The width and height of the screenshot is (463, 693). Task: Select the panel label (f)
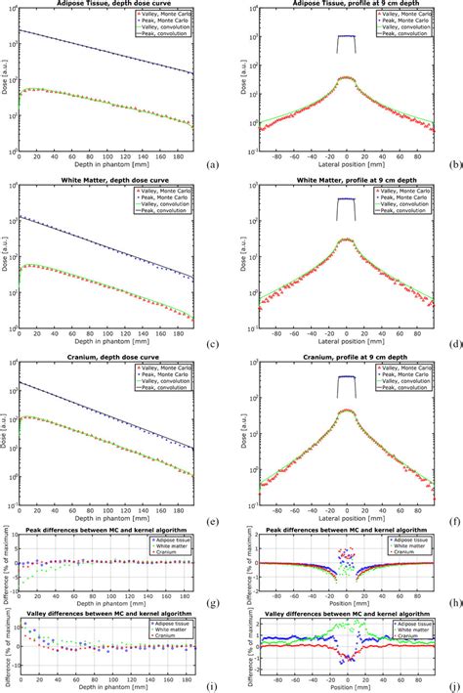451,522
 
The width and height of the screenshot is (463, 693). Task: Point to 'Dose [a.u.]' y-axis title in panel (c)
6,258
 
